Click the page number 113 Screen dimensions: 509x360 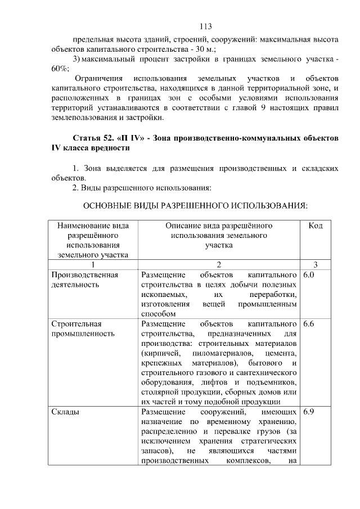[x=205, y=26]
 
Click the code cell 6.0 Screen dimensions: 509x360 [x=308, y=275]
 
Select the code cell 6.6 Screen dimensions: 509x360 [x=308, y=325]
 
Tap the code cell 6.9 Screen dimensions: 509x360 [x=308, y=413]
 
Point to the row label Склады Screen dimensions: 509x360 [x=65, y=413]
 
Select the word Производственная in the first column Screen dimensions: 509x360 [x=84, y=275]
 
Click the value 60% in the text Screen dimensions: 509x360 [x=58, y=69]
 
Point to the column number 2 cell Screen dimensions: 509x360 [x=218, y=265]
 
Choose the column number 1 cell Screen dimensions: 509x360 [x=92, y=265]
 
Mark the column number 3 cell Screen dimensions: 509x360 [x=315, y=265]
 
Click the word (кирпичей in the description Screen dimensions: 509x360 [x=160, y=353]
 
